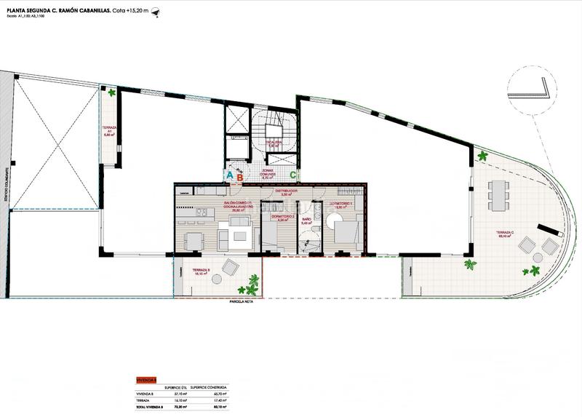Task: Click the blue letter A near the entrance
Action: click(x=229, y=175)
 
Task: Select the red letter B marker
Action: click(x=239, y=175)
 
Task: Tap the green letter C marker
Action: click(x=292, y=174)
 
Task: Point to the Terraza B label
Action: click(x=202, y=272)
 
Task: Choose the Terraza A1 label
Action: click(x=110, y=132)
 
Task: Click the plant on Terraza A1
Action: click(x=111, y=93)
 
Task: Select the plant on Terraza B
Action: click(x=252, y=280)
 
